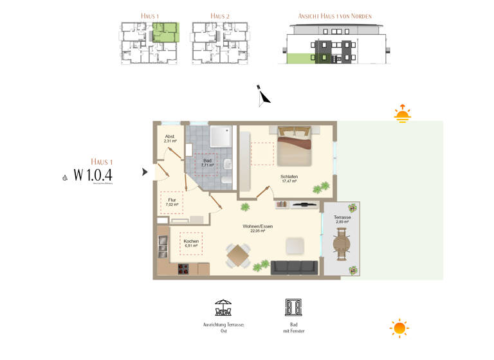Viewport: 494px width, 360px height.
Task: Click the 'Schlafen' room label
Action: coord(289,176)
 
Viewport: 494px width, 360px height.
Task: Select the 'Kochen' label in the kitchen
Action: coord(191,242)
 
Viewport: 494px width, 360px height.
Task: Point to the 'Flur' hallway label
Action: coord(172,200)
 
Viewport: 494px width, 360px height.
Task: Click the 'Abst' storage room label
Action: coord(170,136)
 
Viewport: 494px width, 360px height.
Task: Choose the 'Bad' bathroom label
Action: coord(207,161)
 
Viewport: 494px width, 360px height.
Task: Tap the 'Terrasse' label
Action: coord(342,218)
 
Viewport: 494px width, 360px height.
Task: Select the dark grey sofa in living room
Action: coord(293,267)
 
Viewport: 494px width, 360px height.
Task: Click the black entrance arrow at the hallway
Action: coord(145,172)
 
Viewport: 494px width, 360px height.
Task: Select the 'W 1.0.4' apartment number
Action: coord(93,174)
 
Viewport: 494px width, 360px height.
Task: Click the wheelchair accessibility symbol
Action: coord(64,175)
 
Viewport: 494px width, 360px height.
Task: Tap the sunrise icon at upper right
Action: coord(402,114)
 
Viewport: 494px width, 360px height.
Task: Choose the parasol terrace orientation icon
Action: coord(223,307)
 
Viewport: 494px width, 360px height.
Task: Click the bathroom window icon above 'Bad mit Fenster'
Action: coord(293,307)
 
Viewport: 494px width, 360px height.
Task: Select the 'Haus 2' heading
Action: coord(219,15)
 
